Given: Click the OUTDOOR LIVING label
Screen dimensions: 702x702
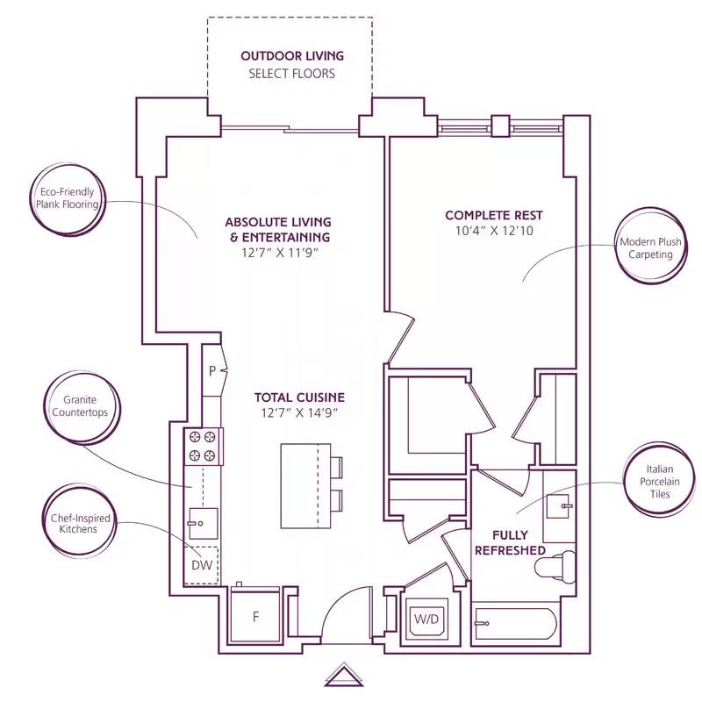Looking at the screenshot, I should tap(292, 56).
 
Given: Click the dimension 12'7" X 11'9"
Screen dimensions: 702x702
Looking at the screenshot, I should tap(277, 253).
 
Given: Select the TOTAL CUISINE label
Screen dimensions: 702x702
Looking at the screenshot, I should tap(299, 397).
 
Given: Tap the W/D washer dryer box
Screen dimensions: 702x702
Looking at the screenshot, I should tap(426, 619).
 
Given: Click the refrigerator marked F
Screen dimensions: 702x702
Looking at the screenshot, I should tap(255, 617).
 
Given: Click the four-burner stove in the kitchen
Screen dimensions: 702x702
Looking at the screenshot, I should tap(202, 447).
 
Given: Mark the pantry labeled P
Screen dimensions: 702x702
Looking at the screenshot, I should tap(211, 370).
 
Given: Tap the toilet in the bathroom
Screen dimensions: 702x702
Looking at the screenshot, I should tap(559, 565).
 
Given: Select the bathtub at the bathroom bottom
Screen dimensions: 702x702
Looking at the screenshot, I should tap(515, 624).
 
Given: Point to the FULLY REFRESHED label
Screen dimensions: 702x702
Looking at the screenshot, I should tap(509, 542).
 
